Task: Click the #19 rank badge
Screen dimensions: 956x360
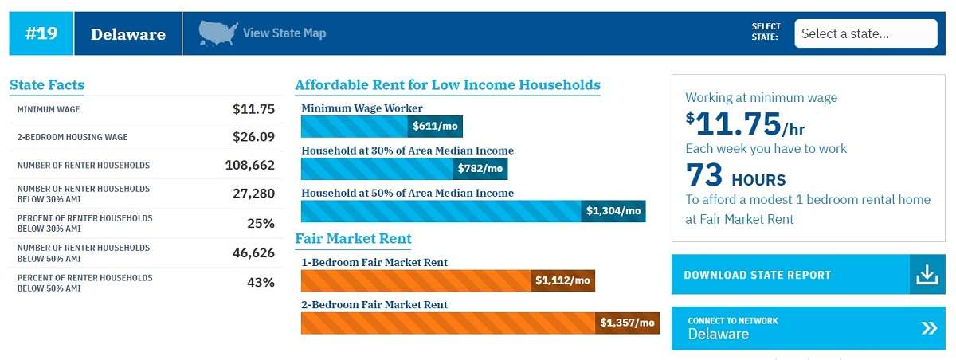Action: coord(41,33)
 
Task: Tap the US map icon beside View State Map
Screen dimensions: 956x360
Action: coord(218,33)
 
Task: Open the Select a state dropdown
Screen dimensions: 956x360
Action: coord(865,33)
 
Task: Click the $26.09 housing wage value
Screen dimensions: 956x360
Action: coord(253,137)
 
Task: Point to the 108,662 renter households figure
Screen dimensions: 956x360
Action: coord(249,165)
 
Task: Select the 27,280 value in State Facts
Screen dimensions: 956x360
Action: coord(253,194)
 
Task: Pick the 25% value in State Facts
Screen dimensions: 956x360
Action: coord(261,223)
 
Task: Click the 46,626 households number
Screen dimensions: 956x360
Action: coord(253,253)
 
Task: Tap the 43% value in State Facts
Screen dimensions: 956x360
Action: coord(261,283)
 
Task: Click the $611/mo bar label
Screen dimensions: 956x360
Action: coord(435,127)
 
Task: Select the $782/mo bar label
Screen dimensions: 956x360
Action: coord(480,169)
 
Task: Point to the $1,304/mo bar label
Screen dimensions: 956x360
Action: coord(613,211)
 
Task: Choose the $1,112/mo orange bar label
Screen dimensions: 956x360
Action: coord(562,280)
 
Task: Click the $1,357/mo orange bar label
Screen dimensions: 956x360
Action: coord(628,323)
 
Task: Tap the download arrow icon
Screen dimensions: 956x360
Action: coord(927,275)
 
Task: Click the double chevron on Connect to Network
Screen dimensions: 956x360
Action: coord(929,328)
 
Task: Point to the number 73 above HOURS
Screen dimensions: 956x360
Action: coord(704,175)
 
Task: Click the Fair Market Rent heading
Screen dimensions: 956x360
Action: coord(354,238)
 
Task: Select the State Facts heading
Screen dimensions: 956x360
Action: coord(47,85)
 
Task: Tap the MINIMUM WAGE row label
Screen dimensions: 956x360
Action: coord(49,110)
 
